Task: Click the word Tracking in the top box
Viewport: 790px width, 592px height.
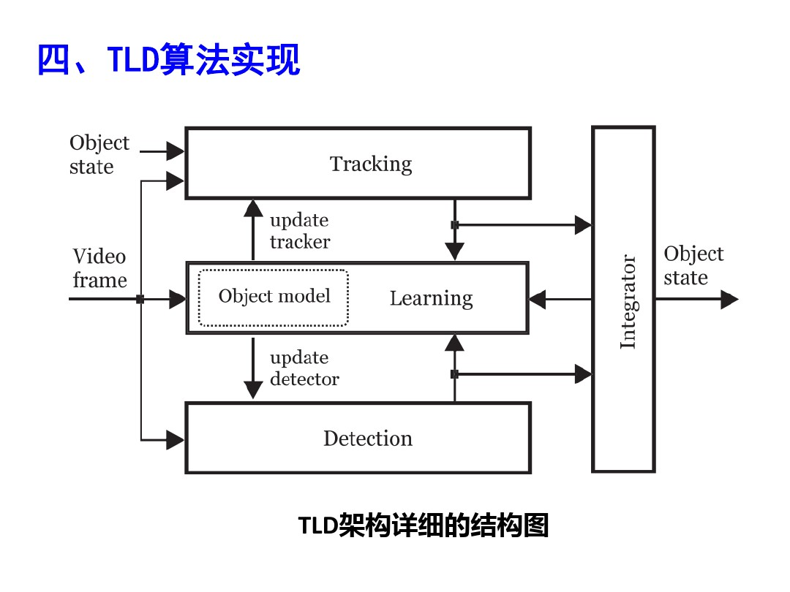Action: (371, 164)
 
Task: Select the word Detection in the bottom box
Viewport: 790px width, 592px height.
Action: (368, 439)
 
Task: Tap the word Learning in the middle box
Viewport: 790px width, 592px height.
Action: (431, 298)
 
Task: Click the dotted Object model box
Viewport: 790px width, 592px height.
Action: (274, 297)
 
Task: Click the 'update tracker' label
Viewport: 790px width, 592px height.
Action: (299, 231)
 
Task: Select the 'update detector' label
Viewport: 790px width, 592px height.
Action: (304, 368)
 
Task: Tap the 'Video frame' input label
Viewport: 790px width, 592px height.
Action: (99, 268)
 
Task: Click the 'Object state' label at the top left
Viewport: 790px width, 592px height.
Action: (99, 154)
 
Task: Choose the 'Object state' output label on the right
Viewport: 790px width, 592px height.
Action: (693, 265)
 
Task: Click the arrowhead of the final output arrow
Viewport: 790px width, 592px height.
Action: (729, 299)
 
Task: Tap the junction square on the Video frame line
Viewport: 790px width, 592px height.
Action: (140, 299)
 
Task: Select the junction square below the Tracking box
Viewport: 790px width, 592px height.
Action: (454, 225)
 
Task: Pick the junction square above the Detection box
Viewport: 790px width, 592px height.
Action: (454, 374)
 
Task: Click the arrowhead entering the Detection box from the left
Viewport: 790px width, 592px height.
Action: (175, 439)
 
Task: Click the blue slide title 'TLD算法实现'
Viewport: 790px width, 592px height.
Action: (168, 60)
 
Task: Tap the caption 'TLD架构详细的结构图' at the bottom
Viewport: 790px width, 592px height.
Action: (424, 525)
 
